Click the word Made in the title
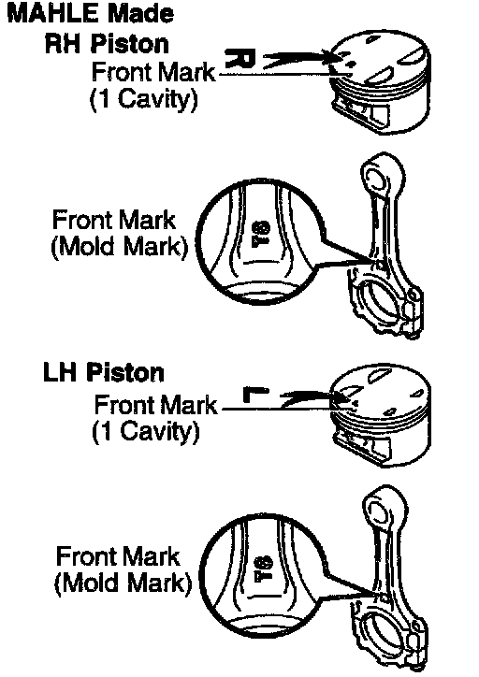pos(140,14)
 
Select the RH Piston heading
pos(107,44)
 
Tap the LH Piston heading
pos(104,372)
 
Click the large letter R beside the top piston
pos(240,58)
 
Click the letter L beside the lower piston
pos(255,395)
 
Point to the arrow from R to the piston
pos(298,58)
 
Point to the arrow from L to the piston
pos(309,397)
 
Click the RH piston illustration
pos(380,83)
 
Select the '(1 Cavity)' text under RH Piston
pos(144,99)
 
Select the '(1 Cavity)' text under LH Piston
pos(146,431)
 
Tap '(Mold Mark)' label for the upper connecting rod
pos(119,248)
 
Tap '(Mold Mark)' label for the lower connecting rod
pos(123,583)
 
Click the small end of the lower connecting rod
pos(384,509)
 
